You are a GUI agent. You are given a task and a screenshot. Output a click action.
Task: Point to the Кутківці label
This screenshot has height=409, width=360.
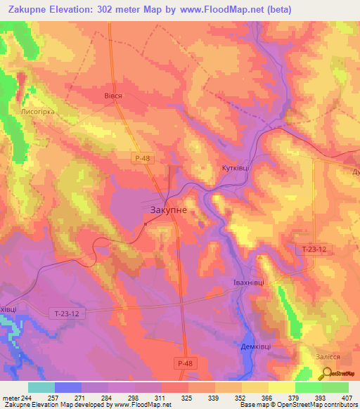pos(232,169)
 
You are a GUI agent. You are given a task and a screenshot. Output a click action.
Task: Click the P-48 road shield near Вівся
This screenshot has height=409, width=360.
pos(142,160)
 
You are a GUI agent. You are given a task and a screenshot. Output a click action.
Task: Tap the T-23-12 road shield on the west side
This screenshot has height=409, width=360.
pos(68,313)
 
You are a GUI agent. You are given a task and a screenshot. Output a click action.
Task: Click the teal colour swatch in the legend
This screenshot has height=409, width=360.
pos(41,387)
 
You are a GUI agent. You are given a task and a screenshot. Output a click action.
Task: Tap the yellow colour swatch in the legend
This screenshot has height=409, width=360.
pos(281,387)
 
